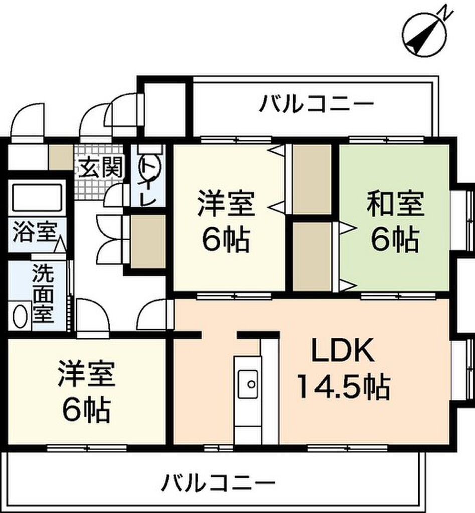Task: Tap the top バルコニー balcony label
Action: pyautogui.click(x=317, y=105)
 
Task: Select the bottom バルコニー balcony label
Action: pyautogui.click(x=218, y=483)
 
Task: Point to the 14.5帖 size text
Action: pyautogui.click(x=344, y=387)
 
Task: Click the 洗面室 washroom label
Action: pyautogui.click(x=43, y=293)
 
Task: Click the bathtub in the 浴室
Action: pyautogui.click(x=37, y=197)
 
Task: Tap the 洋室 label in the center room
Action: pyautogui.click(x=226, y=206)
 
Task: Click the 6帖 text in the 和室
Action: pyautogui.click(x=395, y=242)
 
